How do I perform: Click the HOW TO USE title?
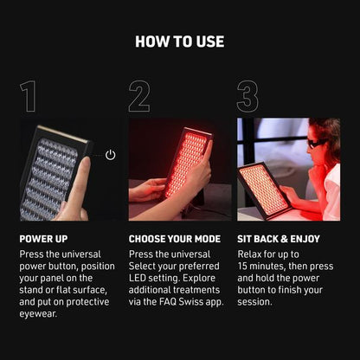point(180,42)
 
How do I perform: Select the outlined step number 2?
point(139,96)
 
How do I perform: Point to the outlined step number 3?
point(247,96)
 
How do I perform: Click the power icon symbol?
point(110,155)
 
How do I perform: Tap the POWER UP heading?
point(43,239)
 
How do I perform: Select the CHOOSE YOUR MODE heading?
point(175,239)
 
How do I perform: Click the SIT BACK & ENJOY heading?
point(279,239)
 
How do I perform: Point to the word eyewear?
point(37,314)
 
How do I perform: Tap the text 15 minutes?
point(261,266)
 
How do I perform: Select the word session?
point(254,302)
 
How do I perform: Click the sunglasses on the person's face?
point(317,143)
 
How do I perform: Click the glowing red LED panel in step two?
point(188,162)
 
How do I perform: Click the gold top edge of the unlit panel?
point(63,134)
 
